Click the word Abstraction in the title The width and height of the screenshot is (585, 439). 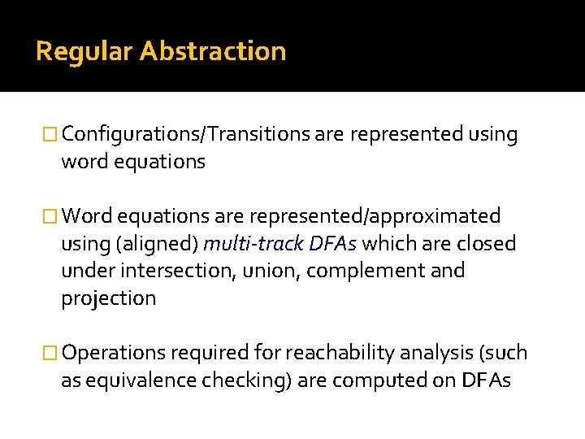point(213,52)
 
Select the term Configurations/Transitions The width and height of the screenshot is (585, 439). point(185,135)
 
